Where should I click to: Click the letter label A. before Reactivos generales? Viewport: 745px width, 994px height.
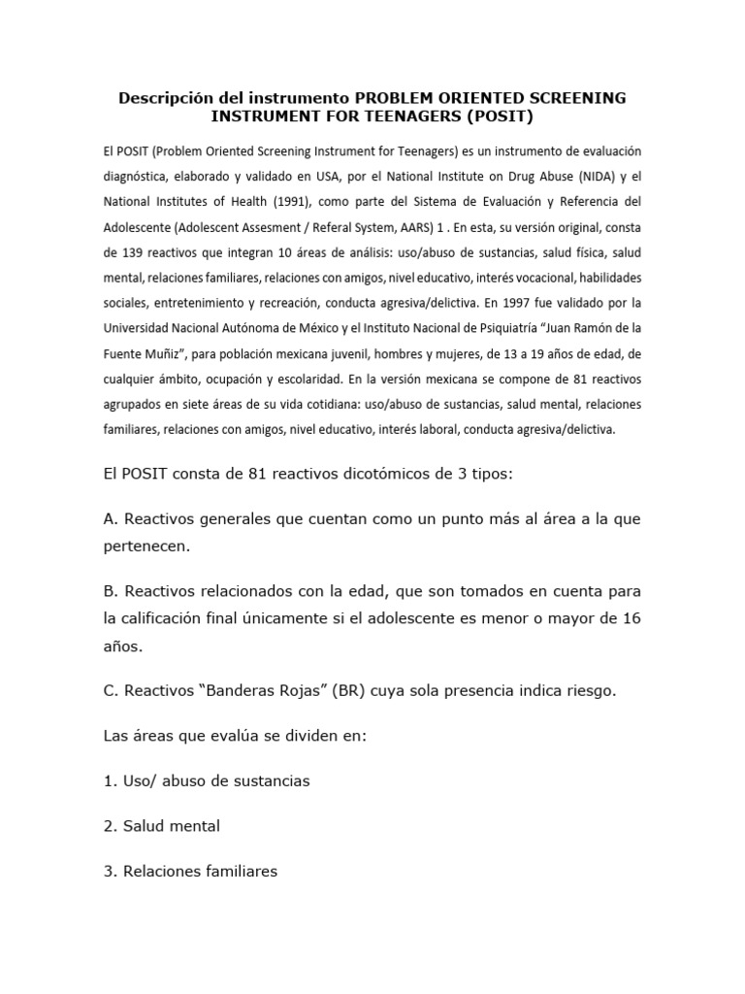pyautogui.click(x=110, y=520)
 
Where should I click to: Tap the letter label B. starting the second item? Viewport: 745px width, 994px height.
pyautogui.click(x=110, y=590)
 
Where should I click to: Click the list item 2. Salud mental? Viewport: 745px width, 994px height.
pyautogui.click(x=161, y=826)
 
